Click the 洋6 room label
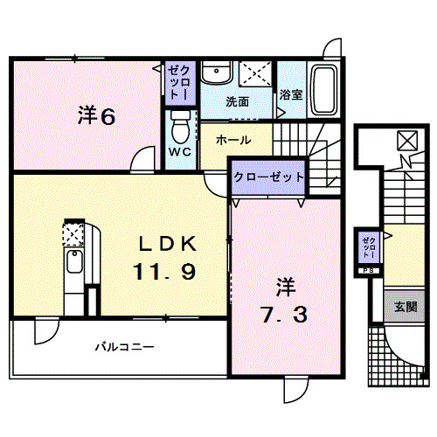[96, 115]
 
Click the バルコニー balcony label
[124, 347]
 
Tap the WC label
[180, 151]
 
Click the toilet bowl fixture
[180, 128]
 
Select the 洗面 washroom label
[238, 101]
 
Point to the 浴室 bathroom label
[291, 95]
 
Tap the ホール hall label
[233, 140]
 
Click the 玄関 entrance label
[405, 307]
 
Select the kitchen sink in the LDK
[74, 263]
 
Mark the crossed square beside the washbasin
[254, 73]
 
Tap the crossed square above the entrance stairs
[406, 140]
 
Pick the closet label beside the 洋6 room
[178, 81]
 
